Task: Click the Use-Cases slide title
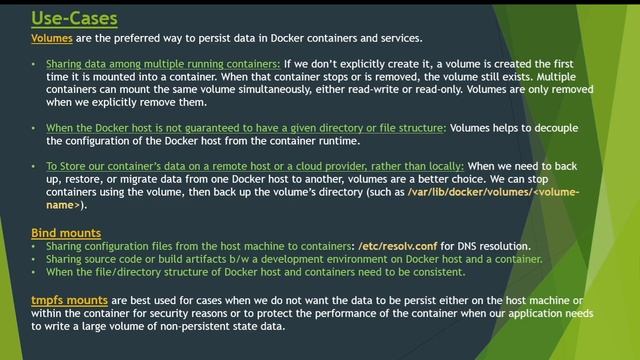tap(74, 18)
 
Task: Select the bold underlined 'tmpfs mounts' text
tap(70, 299)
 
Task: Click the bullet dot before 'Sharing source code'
tap(36, 259)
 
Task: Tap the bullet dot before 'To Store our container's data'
tap(36, 166)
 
